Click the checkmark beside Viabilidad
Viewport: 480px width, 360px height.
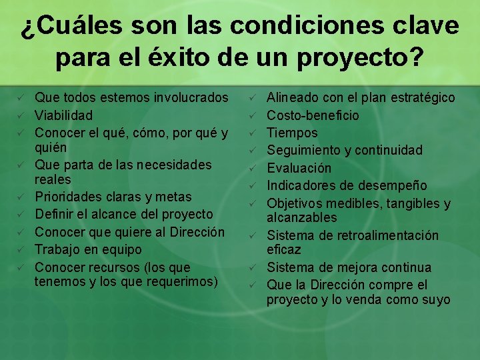pos(21,115)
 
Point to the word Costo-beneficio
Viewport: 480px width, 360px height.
pos(313,115)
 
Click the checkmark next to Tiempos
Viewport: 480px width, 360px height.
pos(253,133)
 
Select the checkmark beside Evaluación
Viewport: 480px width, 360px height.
pos(253,168)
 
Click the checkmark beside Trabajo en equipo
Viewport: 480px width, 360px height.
pos(21,249)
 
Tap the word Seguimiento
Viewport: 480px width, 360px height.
pos(304,151)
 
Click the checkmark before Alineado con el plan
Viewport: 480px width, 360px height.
pos(253,98)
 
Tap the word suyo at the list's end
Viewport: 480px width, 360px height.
pos(436,300)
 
